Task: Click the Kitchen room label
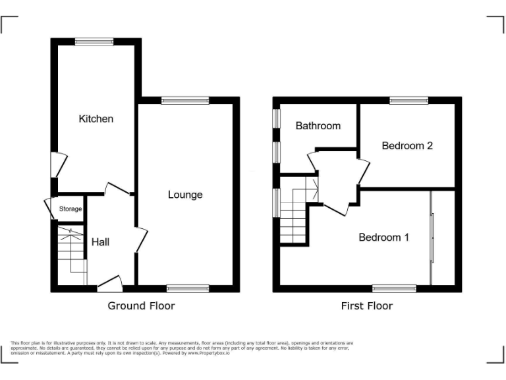point(96,119)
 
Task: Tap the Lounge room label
point(185,195)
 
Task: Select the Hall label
point(100,242)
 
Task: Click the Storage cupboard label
point(70,209)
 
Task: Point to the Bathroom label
point(318,125)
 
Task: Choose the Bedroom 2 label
point(407,146)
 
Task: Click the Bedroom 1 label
point(383,237)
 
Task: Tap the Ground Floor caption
point(141,306)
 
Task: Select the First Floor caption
point(366,306)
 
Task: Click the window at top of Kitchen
point(94,42)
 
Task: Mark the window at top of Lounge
point(185,101)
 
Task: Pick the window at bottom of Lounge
point(188,288)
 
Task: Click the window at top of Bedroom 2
point(408,101)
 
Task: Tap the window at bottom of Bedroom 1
point(394,288)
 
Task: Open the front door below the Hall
point(109,284)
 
